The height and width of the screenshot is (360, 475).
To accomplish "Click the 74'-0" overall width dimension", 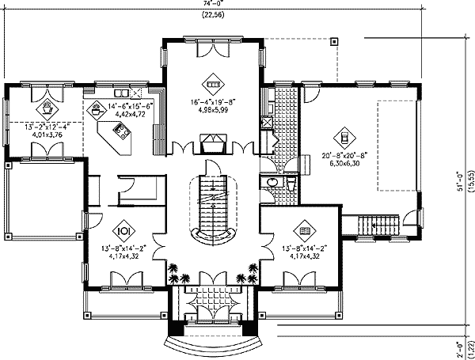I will pyautogui.click(x=211, y=4).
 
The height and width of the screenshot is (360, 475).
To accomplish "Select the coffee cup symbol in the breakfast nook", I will pyautogui.click(x=47, y=102).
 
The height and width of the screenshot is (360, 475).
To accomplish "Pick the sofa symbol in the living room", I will pyautogui.click(x=211, y=79).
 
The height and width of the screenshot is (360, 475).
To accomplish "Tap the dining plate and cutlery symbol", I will pyautogui.click(x=123, y=232).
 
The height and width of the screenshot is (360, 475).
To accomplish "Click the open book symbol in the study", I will pyautogui.click(x=306, y=232).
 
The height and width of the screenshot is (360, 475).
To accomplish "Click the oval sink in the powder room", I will pyautogui.click(x=272, y=183).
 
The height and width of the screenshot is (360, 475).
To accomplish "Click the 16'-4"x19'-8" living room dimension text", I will pyautogui.click(x=212, y=101).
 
